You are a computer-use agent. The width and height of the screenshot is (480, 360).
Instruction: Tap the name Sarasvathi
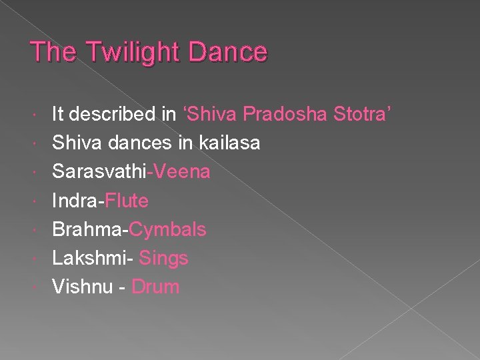pos(99,172)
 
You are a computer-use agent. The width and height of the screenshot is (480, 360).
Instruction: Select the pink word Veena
pos(180,172)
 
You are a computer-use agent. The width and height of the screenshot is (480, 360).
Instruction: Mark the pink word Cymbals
pos(168,230)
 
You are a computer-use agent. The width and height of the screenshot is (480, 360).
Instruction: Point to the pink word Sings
pos(164,259)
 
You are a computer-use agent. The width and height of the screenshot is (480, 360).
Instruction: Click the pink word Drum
pos(156,287)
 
